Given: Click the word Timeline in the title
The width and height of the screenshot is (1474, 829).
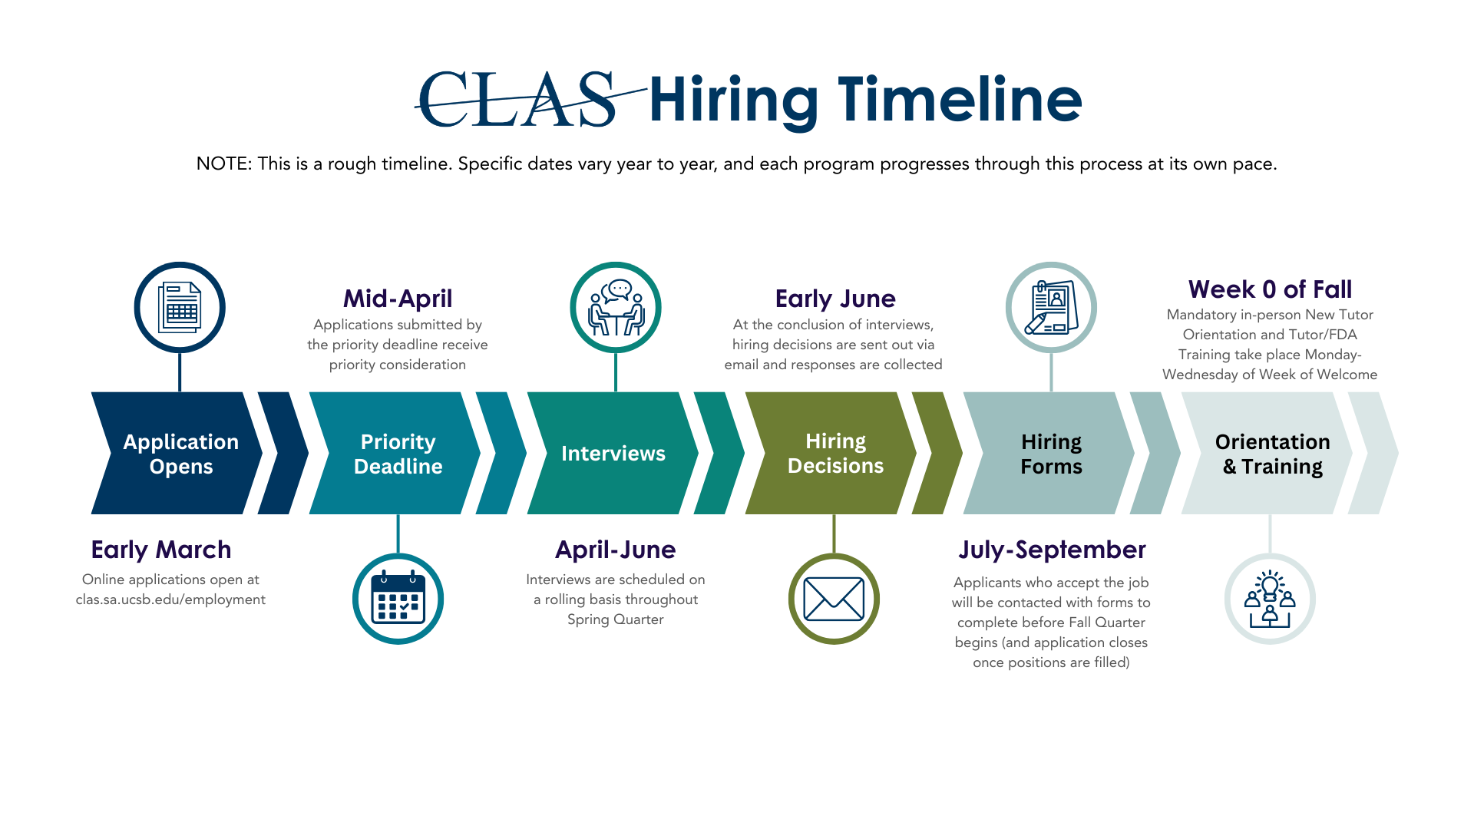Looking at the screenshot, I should tap(960, 101).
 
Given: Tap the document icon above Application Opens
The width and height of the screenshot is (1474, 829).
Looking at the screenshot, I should tap(180, 308).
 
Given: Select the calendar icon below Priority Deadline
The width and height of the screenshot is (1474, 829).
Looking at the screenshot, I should tap(398, 599).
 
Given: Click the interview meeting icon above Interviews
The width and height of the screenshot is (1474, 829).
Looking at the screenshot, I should tap(616, 308).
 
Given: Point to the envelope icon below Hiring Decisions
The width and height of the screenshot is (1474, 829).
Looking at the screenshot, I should tap(834, 599).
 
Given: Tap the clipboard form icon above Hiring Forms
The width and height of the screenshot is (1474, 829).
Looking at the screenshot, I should tap(1051, 308).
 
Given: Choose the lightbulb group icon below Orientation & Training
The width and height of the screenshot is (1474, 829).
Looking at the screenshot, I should tap(1270, 599).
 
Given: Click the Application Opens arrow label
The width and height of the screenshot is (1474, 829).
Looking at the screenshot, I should tap(181, 454).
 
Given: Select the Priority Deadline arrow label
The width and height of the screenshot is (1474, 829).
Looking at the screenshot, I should tap(398, 454).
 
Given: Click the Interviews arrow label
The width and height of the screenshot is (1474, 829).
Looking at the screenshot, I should tap(613, 454).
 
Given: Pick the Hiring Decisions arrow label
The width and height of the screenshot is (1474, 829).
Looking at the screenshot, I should tap(835, 453).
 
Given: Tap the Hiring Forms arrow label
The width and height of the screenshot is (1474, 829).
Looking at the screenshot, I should tap(1051, 454).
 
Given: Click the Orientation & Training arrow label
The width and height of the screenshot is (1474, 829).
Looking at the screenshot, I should tap(1272, 454).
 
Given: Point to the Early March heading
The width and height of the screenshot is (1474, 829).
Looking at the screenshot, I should tap(161, 550).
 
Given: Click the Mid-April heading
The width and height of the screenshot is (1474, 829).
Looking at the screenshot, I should tap(398, 298).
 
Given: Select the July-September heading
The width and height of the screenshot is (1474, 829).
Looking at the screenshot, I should tap(1052, 550).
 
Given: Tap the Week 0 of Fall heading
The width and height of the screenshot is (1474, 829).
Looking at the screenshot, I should tap(1270, 289).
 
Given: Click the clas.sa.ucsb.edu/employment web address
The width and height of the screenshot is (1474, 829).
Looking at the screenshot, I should tap(170, 599).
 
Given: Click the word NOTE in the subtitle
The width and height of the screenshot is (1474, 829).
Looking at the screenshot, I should tap(223, 163).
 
